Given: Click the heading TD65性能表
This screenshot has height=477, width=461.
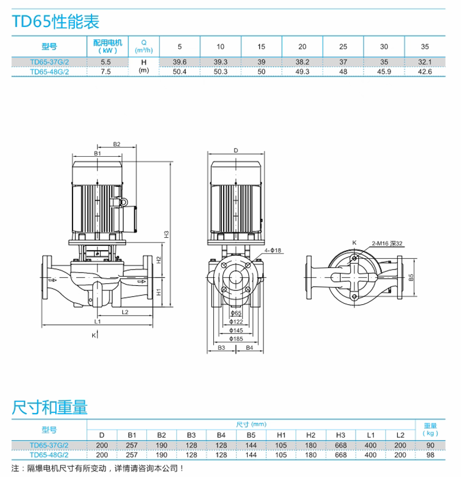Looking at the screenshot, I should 56,22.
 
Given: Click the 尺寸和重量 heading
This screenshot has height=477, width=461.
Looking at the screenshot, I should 50,408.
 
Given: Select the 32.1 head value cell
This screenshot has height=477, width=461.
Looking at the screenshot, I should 425,62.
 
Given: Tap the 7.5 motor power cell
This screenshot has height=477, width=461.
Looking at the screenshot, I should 105,71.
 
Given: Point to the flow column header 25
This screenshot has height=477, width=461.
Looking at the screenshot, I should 343,46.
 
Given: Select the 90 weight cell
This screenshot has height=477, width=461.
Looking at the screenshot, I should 430,445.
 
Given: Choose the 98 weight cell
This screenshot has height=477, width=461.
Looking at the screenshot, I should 430,455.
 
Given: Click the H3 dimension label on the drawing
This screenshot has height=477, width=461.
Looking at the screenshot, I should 167,234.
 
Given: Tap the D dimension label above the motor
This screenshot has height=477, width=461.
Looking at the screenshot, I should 236,150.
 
